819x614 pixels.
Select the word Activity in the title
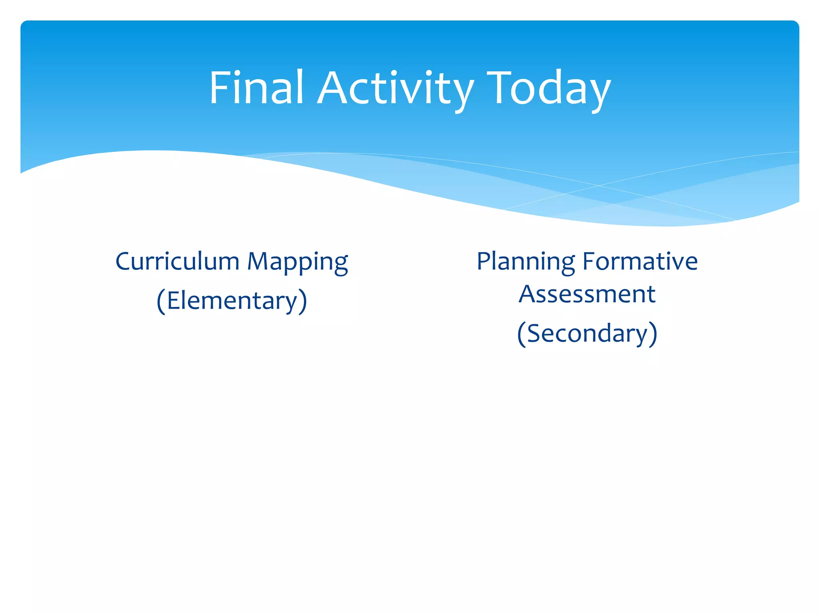point(396,89)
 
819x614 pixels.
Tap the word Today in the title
point(549,89)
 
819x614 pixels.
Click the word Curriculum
point(177,261)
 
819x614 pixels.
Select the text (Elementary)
point(232,301)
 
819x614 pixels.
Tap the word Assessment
point(587,294)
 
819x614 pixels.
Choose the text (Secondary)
point(587,333)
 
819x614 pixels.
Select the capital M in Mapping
point(259,261)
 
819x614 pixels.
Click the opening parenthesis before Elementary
point(161,301)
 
